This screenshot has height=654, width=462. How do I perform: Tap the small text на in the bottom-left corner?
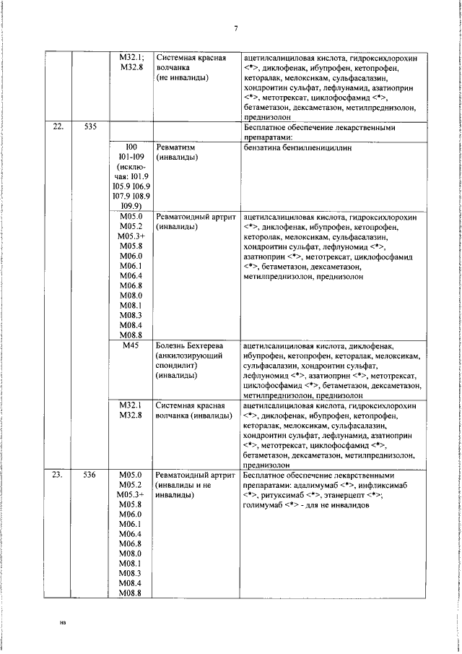(64, 621)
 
